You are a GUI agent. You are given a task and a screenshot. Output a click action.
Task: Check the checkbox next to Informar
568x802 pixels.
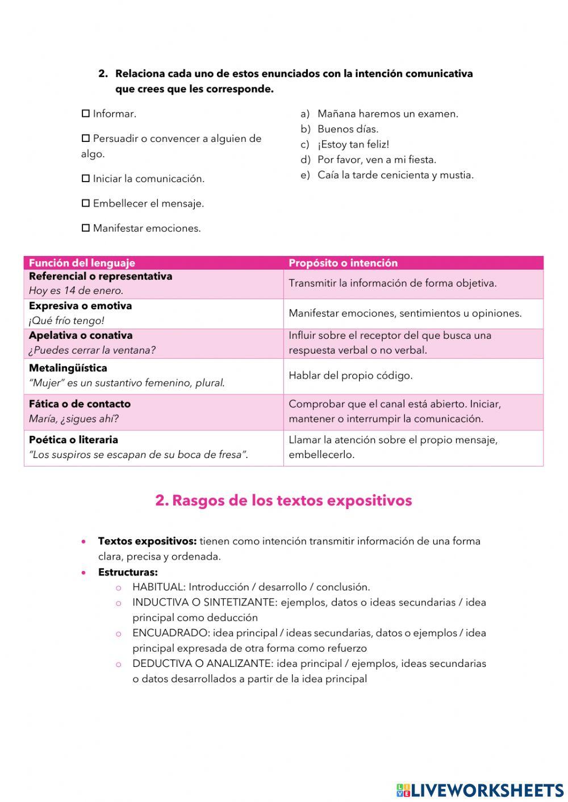[86, 114]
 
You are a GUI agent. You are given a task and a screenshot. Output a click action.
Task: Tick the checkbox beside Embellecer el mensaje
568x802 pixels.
[86, 203]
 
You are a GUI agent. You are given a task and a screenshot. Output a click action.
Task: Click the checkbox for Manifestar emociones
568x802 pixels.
[86, 228]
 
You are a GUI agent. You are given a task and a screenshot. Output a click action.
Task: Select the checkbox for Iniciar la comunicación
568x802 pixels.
[86, 178]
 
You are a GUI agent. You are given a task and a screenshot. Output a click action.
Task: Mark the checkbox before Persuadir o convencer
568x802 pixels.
[86, 138]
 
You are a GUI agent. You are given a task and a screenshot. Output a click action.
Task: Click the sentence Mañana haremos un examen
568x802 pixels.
[387, 114]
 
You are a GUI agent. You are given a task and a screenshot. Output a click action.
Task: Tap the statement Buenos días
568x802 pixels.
[348, 129]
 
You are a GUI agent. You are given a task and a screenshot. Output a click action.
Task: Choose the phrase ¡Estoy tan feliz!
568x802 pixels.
[353, 144]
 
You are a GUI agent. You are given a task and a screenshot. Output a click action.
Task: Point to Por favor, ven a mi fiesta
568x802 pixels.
[377, 159]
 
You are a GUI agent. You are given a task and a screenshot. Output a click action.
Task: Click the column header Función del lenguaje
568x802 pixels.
[82, 263]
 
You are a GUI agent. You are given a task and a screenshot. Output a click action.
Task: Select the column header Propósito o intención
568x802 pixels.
[343, 263]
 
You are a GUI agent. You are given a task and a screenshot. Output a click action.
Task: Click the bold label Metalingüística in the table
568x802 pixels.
[68, 368]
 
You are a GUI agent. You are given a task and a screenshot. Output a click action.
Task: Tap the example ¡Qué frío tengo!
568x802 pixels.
[66, 321]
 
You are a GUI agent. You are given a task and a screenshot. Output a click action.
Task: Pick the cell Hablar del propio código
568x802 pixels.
[350, 375]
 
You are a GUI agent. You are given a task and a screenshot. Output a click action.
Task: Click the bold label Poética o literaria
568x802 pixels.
[73, 439]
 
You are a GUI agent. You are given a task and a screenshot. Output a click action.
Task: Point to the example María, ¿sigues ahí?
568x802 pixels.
[74, 419]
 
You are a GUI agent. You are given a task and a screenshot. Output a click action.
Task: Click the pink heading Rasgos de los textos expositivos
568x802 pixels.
[283, 500]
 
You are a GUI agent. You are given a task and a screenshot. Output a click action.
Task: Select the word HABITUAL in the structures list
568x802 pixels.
[158, 587]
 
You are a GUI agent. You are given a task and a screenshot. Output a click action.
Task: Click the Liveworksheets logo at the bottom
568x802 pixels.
[480, 790]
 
